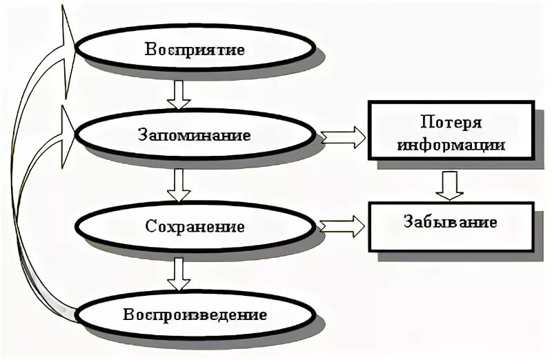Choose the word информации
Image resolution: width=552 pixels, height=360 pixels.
pos(451,145)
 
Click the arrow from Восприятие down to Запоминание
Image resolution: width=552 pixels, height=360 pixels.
pos(179,94)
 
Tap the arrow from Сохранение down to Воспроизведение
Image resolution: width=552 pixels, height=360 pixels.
pos(179,273)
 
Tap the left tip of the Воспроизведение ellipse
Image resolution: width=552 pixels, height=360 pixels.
pos(75,317)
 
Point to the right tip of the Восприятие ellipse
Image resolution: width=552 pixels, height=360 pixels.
pos(317,50)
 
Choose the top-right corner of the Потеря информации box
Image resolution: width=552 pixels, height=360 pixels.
pos(533,103)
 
